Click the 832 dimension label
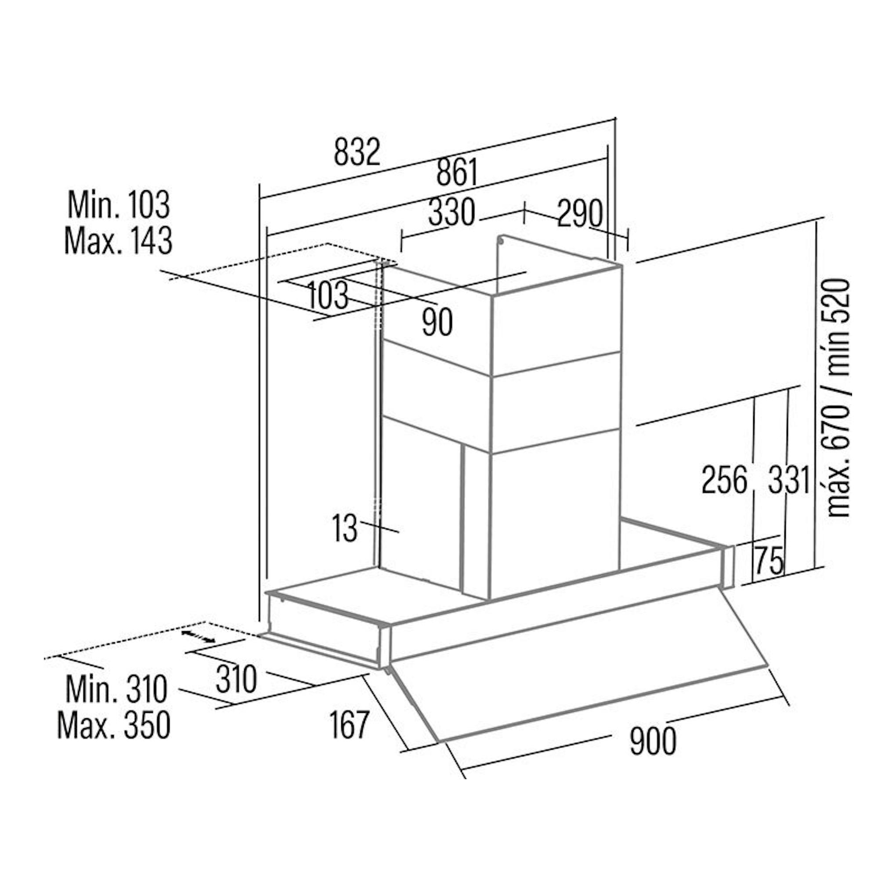tap(357, 152)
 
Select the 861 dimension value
tap(457, 172)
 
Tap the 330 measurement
tap(452, 213)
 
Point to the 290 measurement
tap(580, 214)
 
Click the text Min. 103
tap(119, 205)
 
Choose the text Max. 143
tap(118, 241)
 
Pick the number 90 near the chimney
tap(437, 323)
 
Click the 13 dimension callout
tap(345, 529)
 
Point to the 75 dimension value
tap(769, 560)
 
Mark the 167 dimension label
tap(349, 725)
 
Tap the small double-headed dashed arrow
tap(198, 636)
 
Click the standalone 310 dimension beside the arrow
tap(236, 679)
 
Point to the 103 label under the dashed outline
tap(327, 295)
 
